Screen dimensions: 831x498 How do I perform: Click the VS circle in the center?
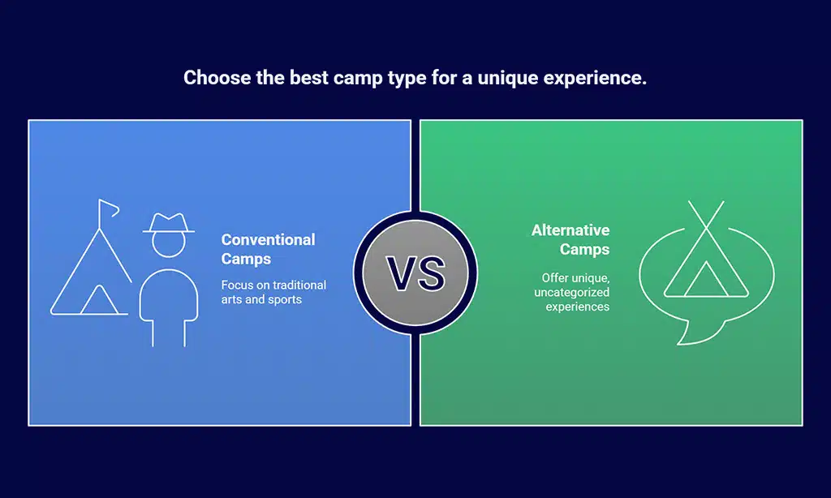click(x=415, y=273)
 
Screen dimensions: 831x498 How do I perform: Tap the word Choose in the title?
click(x=217, y=77)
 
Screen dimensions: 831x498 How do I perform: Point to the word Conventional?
click(x=268, y=239)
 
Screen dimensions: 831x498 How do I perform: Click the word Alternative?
click(x=571, y=230)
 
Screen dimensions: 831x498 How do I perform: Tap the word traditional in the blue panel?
click(x=299, y=285)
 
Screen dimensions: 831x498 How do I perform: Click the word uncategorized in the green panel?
click(x=572, y=293)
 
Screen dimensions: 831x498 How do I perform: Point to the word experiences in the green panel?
click(x=578, y=307)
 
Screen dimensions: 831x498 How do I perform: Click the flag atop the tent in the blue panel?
click(x=109, y=208)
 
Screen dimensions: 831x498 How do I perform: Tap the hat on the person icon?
click(x=169, y=222)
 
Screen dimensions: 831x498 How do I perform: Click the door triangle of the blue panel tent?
click(x=98, y=300)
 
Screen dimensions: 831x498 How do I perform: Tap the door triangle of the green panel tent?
click(x=705, y=279)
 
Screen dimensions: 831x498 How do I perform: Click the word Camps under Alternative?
click(x=584, y=249)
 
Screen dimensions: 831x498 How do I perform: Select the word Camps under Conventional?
click(x=246, y=259)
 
